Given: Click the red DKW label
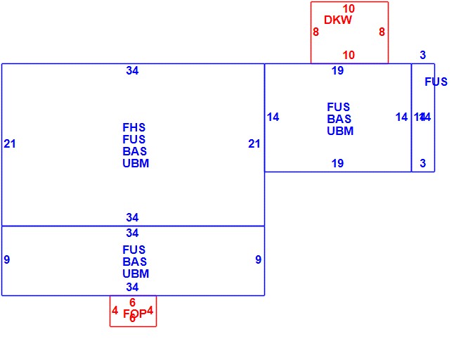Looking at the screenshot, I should [338, 20].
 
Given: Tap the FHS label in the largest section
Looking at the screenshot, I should [134, 128].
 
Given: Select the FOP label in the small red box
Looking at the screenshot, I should [134, 314].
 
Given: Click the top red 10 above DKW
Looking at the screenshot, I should [349, 9].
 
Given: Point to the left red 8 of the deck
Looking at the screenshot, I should [316, 32].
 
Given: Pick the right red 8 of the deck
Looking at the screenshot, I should [382, 32].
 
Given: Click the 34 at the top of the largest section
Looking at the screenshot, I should [132, 70].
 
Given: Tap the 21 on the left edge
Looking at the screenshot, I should [10, 144].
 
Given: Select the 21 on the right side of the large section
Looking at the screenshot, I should [254, 144].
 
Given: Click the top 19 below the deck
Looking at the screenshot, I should [337, 70].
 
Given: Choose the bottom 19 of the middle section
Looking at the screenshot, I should [337, 164].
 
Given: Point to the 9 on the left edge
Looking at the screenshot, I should [7, 260].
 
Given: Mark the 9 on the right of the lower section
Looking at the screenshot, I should [258, 260].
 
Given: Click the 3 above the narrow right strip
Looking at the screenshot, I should [423, 56].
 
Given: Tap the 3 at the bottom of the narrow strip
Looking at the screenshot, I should [423, 164].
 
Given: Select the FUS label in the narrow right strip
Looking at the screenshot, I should [436, 82].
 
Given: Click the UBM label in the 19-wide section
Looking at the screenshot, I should [340, 131].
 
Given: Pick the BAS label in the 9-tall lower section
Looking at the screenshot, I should [134, 262].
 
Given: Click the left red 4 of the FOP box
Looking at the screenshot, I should [115, 310].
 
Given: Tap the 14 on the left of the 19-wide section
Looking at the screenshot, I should [273, 117].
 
